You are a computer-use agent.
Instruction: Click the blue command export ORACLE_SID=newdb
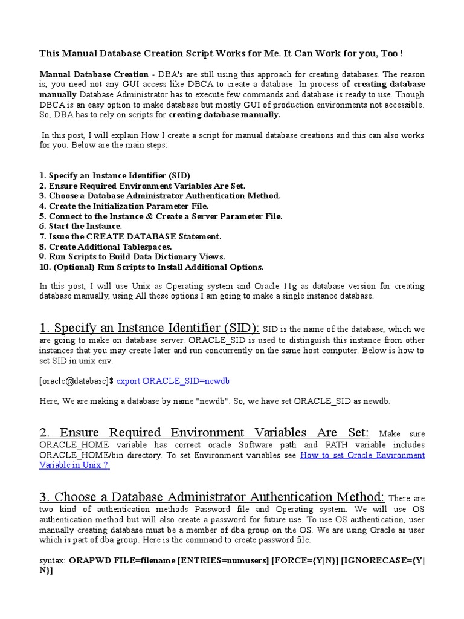[173, 381]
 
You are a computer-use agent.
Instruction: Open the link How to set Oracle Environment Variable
[362, 455]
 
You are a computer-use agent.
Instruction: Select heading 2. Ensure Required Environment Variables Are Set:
[204, 433]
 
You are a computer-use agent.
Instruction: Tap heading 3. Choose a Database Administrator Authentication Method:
[212, 497]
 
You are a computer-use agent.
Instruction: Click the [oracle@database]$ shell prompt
[76, 381]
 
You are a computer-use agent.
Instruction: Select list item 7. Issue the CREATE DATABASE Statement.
[130, 236]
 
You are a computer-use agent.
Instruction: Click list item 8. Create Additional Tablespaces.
[106, 247]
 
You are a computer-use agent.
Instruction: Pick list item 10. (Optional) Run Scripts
[151, 267]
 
